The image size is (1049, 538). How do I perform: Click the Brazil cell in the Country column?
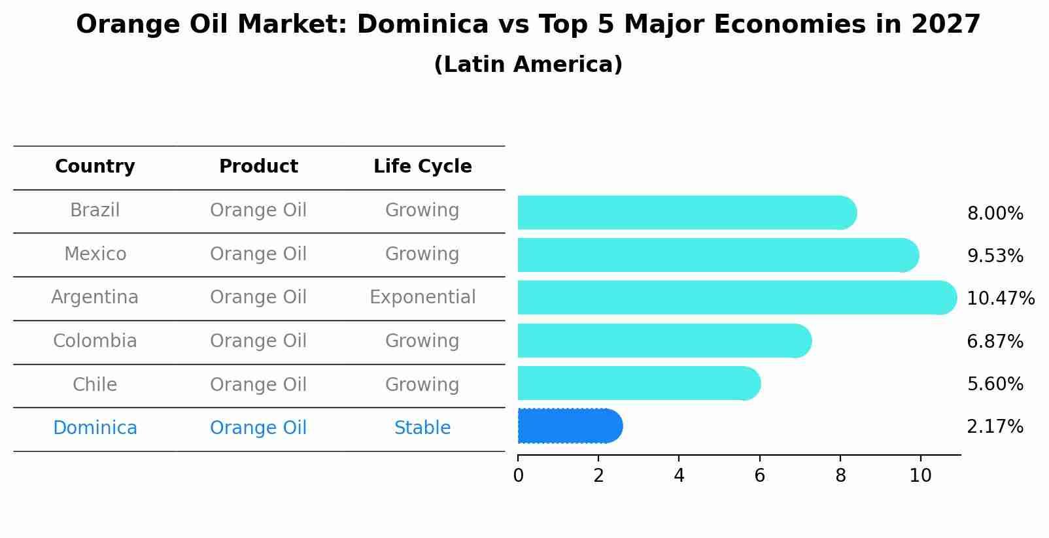(95, 210)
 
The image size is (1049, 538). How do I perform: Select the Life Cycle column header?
(422, 167)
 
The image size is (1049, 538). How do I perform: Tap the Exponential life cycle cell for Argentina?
(422, 297)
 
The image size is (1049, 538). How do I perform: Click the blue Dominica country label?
(95, 428)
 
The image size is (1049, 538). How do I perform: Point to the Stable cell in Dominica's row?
(422, 428)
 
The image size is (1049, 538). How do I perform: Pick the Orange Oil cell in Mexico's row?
(258, 254)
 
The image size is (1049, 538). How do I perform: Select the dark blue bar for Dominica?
(569, 426)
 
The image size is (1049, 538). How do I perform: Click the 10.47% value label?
(1001, 299)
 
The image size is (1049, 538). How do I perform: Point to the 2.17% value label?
(995, 427)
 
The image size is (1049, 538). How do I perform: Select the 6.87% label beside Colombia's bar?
(995, 341)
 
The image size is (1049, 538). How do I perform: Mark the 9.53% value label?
(995, 256)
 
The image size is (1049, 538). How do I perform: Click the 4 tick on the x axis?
(679, 476)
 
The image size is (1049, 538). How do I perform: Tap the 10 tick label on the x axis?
(920, 476)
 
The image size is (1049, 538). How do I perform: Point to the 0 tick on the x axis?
(518, 476)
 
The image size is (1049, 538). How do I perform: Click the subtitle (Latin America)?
(528, 65)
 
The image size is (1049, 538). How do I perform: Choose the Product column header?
(258, 167)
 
